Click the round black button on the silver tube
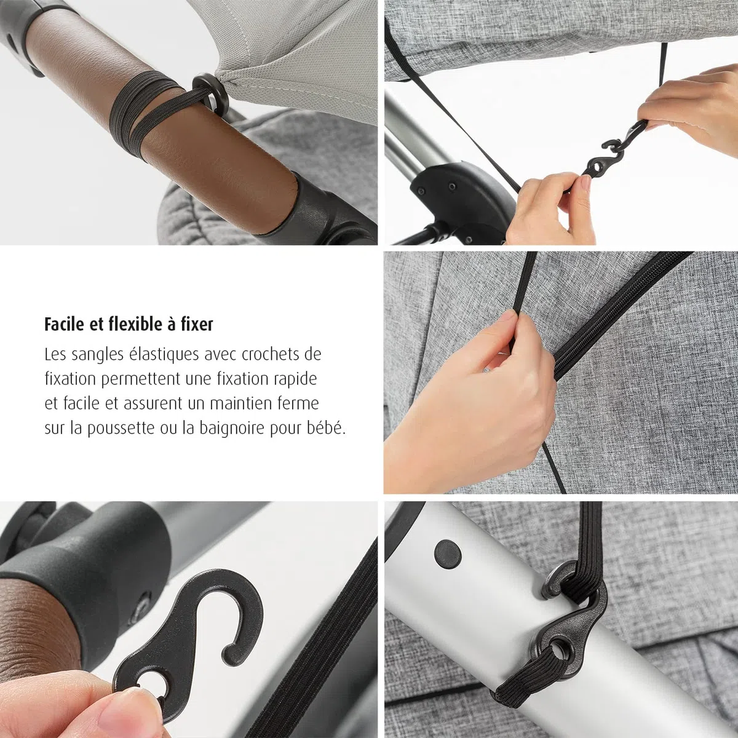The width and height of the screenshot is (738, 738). (447, 552)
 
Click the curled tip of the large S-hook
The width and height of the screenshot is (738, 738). (231, 657)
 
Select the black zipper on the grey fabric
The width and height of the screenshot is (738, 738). (623, 315)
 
